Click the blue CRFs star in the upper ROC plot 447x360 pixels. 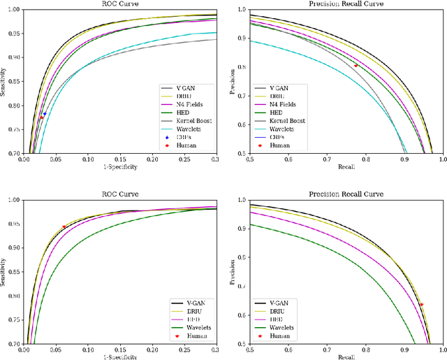[x=45, y=113]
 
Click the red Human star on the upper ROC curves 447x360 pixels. [x=41, y=117]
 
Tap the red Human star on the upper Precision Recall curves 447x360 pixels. [x=356, y=66]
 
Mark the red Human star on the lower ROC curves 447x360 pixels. [x=64, y=226]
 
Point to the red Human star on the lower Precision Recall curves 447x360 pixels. [x=421, y=304]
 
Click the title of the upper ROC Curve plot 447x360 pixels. [x=119, y=3]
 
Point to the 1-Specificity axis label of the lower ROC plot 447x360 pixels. [x=119, y=357]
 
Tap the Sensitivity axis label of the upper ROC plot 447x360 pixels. [x=4, y=81]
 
